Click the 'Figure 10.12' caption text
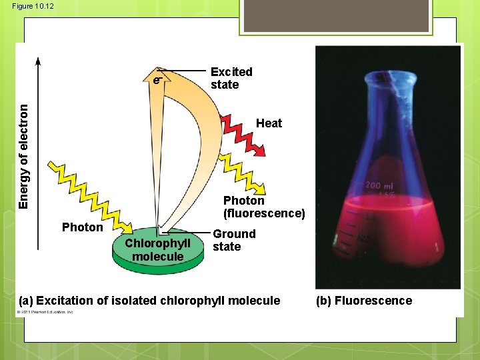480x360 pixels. pyautogui.click(x=32, y=6)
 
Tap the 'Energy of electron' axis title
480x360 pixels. pyautogui.click(x=24, y=155)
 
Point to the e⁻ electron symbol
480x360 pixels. pyautogui.click(x=156, y=80)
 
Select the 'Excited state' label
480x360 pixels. pyautogui.click(x=231, y=78)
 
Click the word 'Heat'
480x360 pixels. pyautogui.click(x=269, y=123)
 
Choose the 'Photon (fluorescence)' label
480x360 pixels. pyautogui.click(x=264, y=207)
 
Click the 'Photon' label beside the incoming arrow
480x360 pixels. pyautogui.click(x=82, y=227)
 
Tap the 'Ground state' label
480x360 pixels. pyautogui.click(x=234, y=240)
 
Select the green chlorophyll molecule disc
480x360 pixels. pyautogui.click(x=157, y=257)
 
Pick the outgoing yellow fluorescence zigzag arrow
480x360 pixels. pyautogui.click(x=247, y=177)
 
